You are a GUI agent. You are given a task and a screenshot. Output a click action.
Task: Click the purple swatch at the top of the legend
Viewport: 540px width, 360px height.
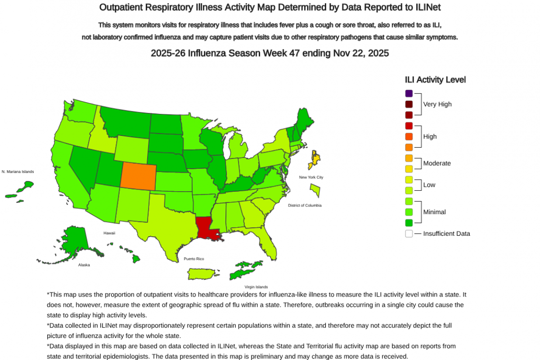pyautogui.click(x=409, y=94)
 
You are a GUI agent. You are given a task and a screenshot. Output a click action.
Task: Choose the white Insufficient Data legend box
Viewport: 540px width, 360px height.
pyautogui.click(x=409, y=234)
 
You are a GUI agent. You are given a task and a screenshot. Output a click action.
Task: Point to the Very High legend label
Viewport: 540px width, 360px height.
pyautogui.click(x=437, y=104)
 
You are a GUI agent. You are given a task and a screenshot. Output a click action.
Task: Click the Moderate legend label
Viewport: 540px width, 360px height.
pyautogui.click(x=436, y=163)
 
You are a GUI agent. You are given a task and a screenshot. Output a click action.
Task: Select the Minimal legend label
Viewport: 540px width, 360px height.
pyautogui.click(x=434, y=212)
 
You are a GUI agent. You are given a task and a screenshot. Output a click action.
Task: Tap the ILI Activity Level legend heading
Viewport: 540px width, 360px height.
pyautogui.click(x=435, y=80)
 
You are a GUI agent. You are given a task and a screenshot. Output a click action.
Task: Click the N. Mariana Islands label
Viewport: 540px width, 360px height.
pyautogui.click(x=18, y=171)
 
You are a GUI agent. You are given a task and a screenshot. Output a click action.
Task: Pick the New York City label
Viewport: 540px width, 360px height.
pyautogui.click(x=311, y=177)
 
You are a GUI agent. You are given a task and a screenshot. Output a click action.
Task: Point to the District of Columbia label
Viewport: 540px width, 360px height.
pyautogui.click(x=305, y=205)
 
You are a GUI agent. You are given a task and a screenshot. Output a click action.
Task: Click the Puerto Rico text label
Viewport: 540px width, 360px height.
pyautogui.click(x=193, y=259)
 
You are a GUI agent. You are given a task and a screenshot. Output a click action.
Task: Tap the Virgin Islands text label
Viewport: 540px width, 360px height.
pyautogui.click(x=256, y=287)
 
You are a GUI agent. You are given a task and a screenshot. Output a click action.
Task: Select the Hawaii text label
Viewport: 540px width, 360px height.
pyautogui.click(x=109, y=233)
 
